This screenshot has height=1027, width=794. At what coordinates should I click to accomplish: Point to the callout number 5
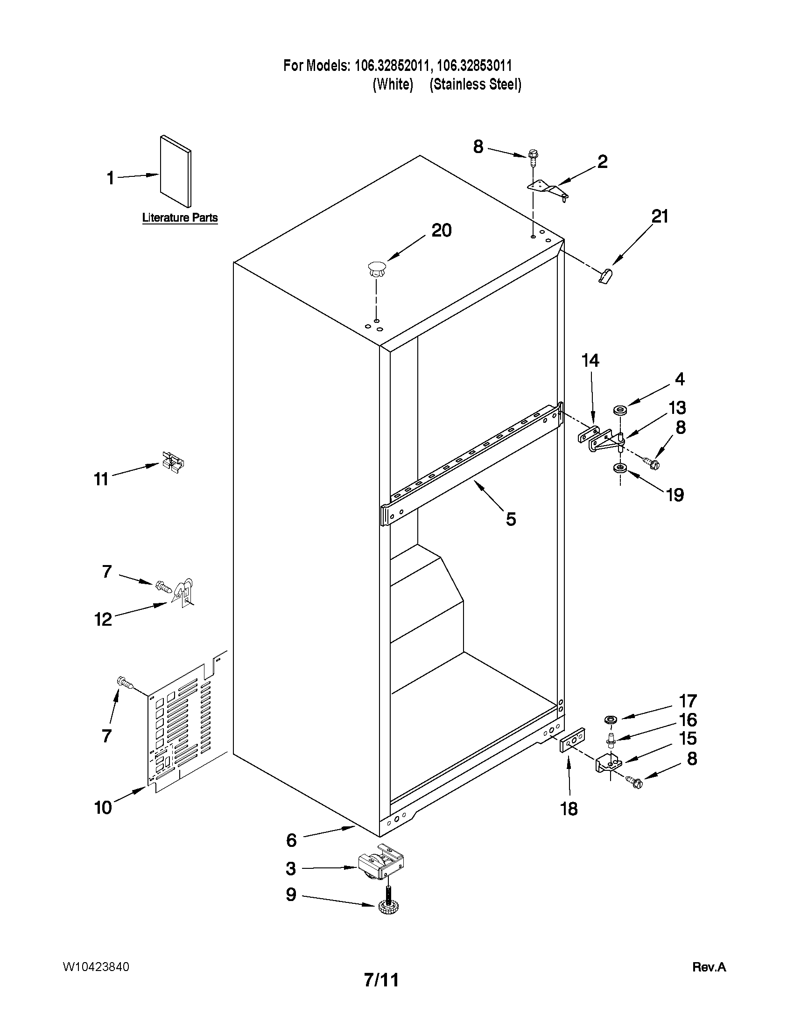(511, 519)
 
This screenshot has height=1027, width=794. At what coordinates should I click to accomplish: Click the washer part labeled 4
(620, 411)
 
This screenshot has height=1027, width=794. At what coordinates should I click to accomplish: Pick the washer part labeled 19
(620, 468)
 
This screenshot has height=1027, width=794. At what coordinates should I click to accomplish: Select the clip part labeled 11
(172, 461)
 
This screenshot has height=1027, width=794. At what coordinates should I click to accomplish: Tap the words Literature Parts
(180, 218)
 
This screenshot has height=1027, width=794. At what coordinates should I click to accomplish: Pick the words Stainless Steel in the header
(475, 84)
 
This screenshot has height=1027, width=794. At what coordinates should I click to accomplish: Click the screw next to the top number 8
(533, 157)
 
